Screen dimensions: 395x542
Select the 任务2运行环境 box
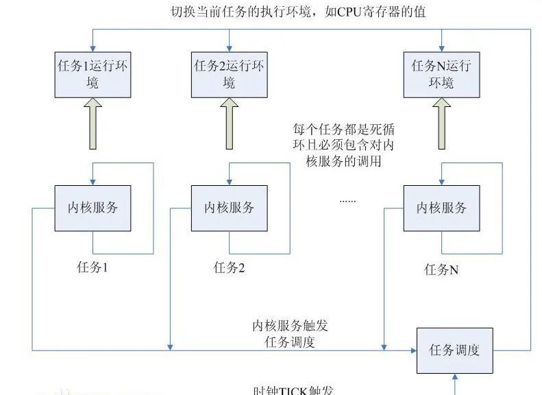[x=230, y=74]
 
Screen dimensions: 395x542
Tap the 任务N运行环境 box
[x=442, y=74]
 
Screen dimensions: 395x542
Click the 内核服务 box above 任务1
[x=93, y=207]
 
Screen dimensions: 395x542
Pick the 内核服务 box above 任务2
[x=230, y=207]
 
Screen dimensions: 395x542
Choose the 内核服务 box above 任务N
[x=441, y=207]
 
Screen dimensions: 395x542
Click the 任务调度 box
[x=454, y=350]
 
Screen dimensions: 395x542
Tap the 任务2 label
[x=229, y=267]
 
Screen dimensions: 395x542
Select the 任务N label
[x=441, y=270]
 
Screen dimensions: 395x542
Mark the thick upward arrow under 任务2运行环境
[x=229, y=124]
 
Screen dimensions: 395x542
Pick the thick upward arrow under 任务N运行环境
[x=441, y=124]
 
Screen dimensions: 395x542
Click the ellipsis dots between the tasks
[x=348, y=201]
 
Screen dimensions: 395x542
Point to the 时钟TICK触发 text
[x=294, y=390]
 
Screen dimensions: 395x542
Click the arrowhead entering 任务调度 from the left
[x=413, y=350]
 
